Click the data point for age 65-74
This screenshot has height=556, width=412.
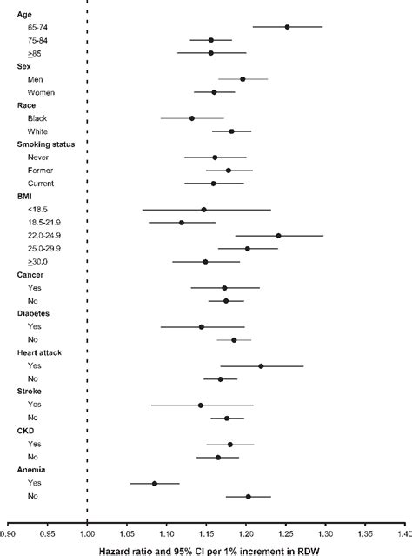click(x=288, y=27)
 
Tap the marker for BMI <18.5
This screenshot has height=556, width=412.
click(x=203, y=210)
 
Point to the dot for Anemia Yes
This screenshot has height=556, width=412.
click(x=155, y=483)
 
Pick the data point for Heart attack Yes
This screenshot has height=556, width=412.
click(x=261, y=366)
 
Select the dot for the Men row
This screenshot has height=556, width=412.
click(x=243, y=79)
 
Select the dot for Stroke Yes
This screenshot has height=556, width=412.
click(x=201, y=405)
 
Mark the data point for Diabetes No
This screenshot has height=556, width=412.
click(x=234, y=340)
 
